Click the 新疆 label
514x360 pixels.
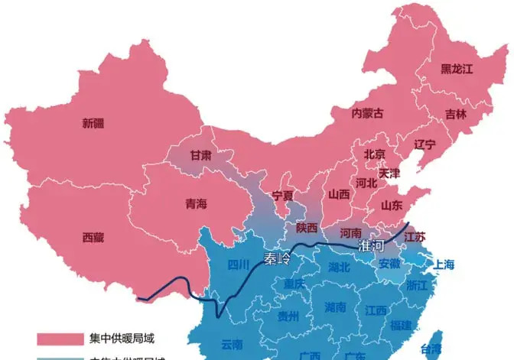(x=93, y=123)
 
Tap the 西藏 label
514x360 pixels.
(x=93, y=237)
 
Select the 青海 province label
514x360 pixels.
(x=197, y=204)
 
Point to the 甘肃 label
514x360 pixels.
(x=201, y=154)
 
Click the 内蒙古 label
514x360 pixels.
(x=367, y=113)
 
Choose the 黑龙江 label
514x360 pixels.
(x=457, y=69)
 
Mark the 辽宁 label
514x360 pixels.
(x=425, y=144)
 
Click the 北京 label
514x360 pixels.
(x=375, y=154)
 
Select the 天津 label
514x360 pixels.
(x=389, y=173)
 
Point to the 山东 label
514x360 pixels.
(x=392, y=205)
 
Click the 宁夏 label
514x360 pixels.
(x=283, y=196)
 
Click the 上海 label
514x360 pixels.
(x=444, y=265)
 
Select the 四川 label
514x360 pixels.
(x=239, y=265)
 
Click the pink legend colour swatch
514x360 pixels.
(x=60, y=338)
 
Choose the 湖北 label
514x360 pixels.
(x=339, y=267)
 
